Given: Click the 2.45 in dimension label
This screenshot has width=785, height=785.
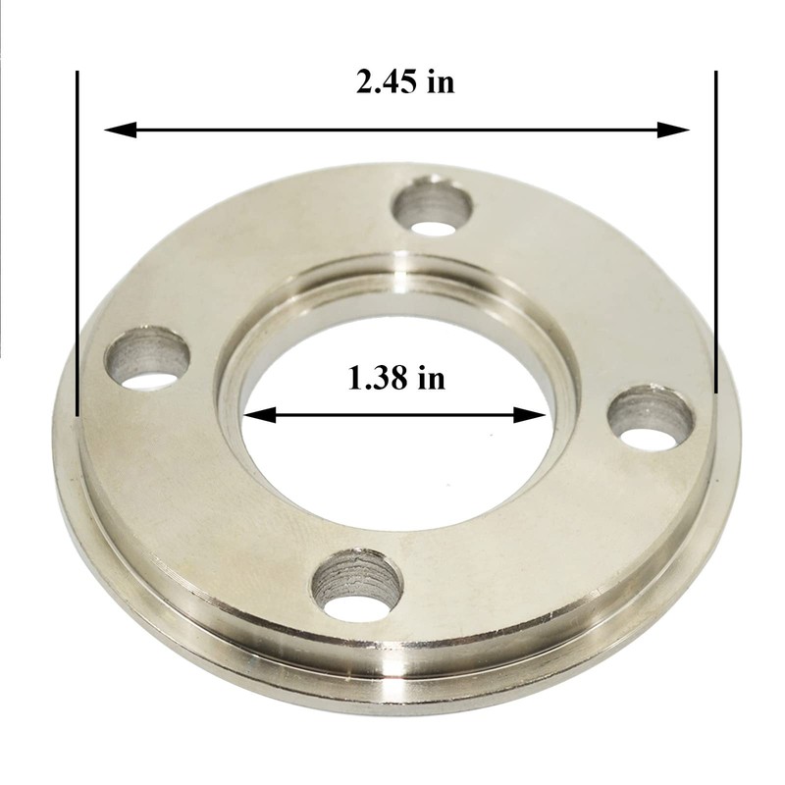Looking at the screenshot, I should [405, 81].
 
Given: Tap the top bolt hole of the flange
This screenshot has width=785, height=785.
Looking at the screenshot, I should [432, 207].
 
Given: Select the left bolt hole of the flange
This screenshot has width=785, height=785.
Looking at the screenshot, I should [147, 358].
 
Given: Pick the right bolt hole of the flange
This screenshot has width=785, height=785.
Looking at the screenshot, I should [651, 417].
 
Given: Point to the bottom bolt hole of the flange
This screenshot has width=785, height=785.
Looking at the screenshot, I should [357, 586].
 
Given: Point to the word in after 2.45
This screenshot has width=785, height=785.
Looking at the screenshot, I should [442, 81].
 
